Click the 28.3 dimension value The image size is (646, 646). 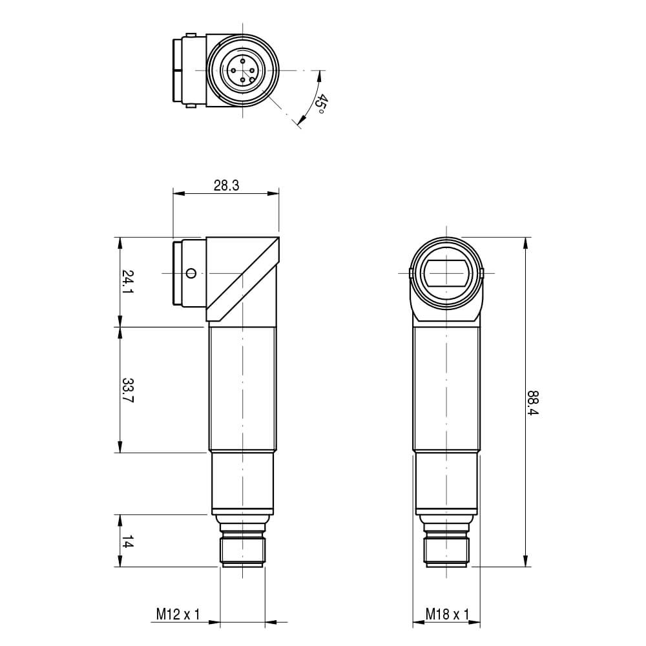point(226,186)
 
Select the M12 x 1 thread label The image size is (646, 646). point(178,614)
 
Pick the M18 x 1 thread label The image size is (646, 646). point(447,614)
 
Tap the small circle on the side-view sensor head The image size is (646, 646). point(191,273)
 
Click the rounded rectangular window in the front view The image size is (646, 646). point(446,273)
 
